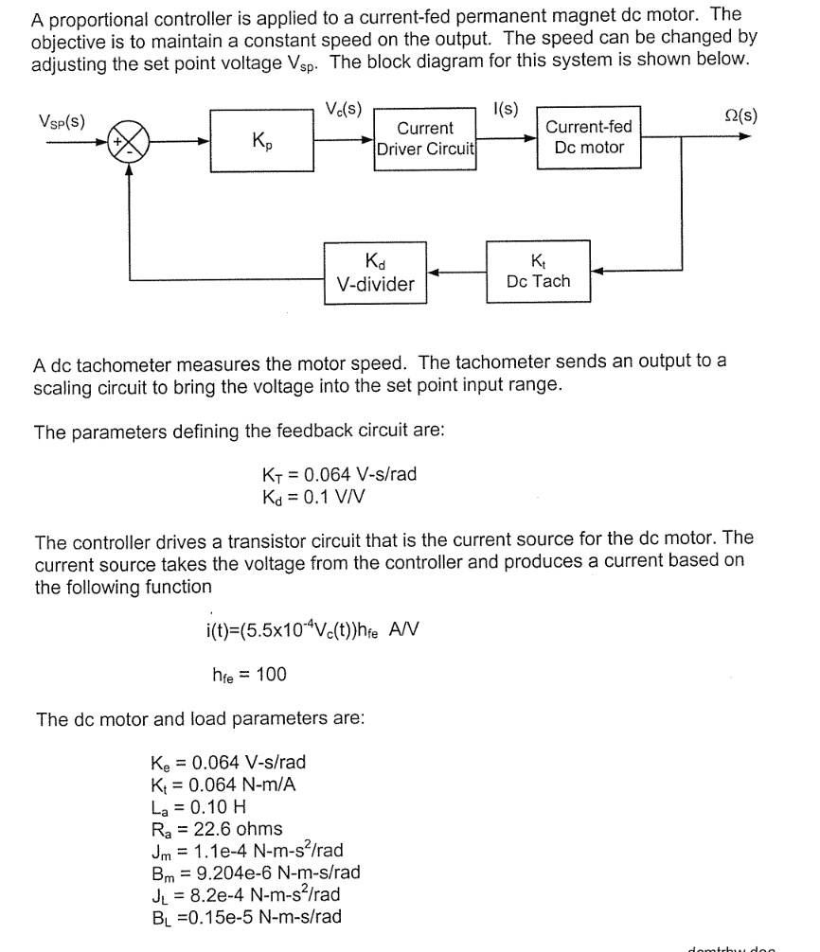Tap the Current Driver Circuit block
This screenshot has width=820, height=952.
[x=425, y=138]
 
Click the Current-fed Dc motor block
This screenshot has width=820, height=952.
[x=588, y=138]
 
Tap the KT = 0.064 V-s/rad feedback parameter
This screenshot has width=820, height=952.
[x=338, y=474]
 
